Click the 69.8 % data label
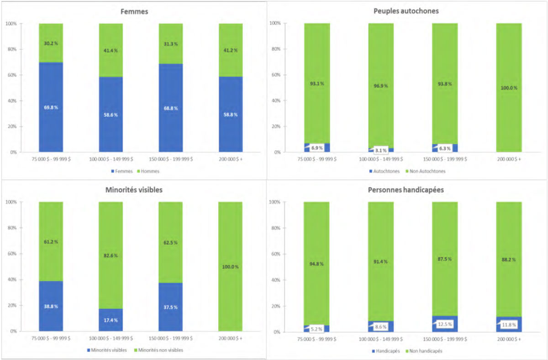pyautogui.click(x=51, y=107)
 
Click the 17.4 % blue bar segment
pyautogui.click(x=111, y=319)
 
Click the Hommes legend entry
pyautogui.click(x=146, y=172)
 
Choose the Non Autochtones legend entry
pyautogui.click(x=428, y=171)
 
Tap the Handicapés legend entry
pyautogui.click(x=389, y=351)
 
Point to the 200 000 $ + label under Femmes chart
pyautogui.click(x=231, y=159)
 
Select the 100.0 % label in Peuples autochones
pyautogui.click(x=509, y=88)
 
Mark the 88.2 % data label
pyautogui.click(x=509, y=260)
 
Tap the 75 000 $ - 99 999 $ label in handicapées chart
pyautogui.click(x=317, y=339)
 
